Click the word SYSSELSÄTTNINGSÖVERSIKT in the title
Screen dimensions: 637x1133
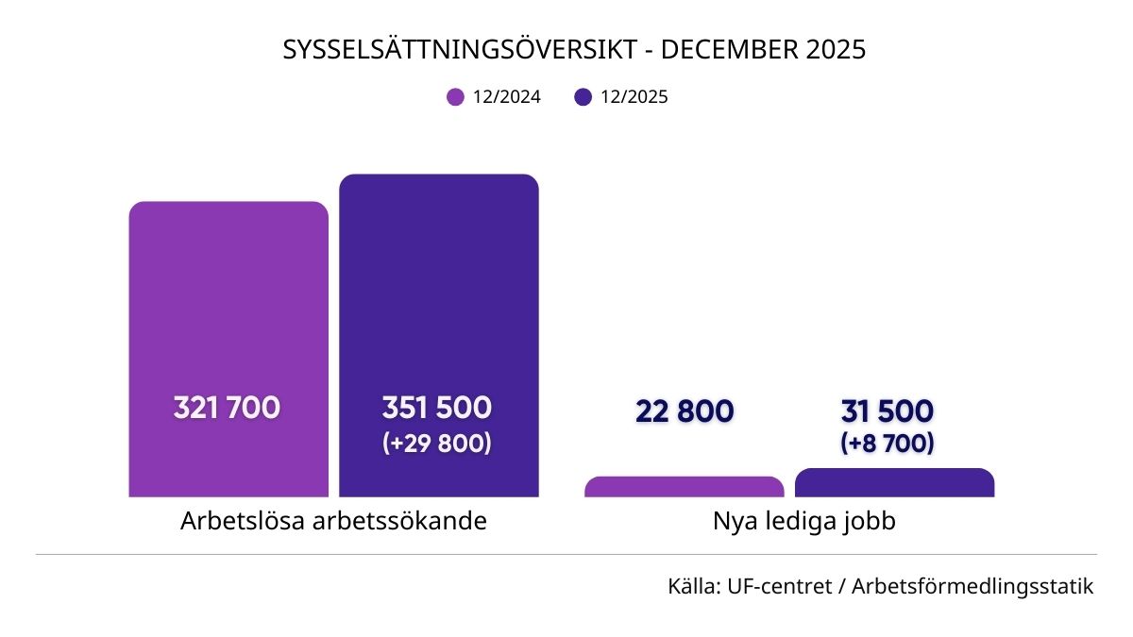click(x=460, y=50)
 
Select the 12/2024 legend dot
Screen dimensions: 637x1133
click(x=456, y=96)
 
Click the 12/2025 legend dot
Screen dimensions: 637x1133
click(x=583, y=96)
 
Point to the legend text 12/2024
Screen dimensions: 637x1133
click(x=507, y=96)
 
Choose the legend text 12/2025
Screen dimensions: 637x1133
click(x=634, y=96)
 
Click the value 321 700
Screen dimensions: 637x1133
click(x=227, y=409)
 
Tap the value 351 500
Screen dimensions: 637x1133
click(x=437, y=409)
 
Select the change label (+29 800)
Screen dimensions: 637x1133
click(x=437, y=443)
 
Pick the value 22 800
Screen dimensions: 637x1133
click(x=685, y=411)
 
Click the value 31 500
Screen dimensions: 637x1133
click(x=888, y=411)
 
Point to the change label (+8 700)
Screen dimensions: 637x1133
click(x=888, y=442)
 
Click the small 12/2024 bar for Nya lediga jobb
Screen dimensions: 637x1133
click(x=685, y=487)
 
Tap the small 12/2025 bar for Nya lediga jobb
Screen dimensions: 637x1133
click(x=894, y=483)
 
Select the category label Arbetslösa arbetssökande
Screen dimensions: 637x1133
click(x=333, y=521)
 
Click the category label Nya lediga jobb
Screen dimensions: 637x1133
click(x=804, y=521)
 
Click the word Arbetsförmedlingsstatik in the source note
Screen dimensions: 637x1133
click(x=972, y=586)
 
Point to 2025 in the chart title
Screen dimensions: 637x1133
click(x=836, y=50)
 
